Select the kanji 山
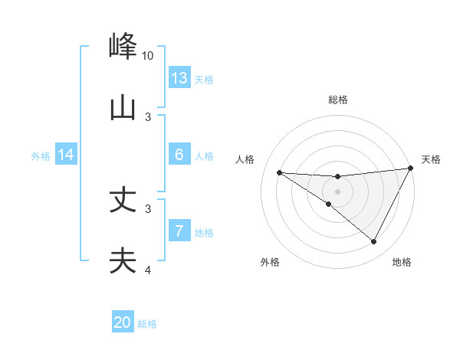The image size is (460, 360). coord(123,106)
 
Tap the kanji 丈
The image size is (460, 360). coord(123,201)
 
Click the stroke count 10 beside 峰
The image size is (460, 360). coord(148,56)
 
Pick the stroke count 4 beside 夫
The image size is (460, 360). coord(149,270)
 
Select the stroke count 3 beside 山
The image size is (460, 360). coord(149,116)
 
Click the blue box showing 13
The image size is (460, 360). coord(179,78)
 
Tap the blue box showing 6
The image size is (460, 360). coord(179,155)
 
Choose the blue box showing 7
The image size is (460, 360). coord(179,231)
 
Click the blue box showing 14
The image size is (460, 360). coord(66,155)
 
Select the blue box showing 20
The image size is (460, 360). coord(123,322)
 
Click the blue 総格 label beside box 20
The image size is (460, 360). coord(147,324)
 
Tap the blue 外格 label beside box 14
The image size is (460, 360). coord(41,156)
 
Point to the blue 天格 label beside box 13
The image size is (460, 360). coord(204,80)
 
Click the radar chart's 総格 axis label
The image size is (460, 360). coord(338,100)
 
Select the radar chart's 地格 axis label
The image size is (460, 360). coord(402,263)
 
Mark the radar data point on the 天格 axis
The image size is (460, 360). coord(410,169)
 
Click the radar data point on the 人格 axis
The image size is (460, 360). coord(279,172)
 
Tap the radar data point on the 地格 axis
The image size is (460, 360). coord(374,242)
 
